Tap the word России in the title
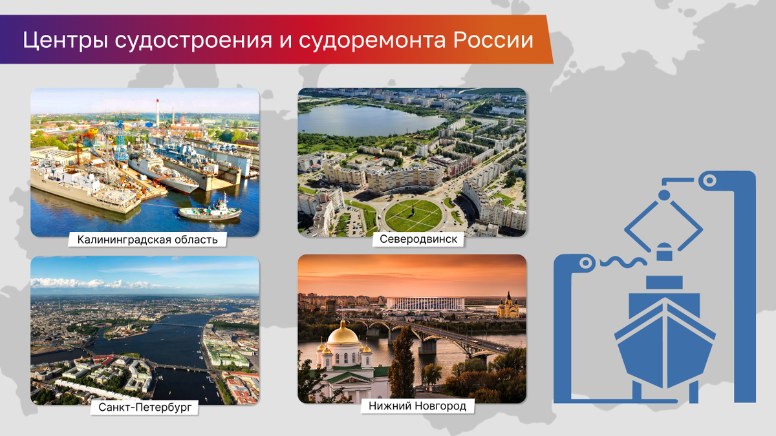(x=493, y=40)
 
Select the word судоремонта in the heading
(x=372, y=41)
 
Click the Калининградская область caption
(x=147, y=240)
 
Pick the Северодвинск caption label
(x=418, y=239)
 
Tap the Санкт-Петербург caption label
(x=144, y=408)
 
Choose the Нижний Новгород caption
(x=418, y=406)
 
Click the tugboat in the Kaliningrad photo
(x=210, y=210)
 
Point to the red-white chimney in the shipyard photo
(x=158, y=113)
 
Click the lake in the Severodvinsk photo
(x=367, y=120)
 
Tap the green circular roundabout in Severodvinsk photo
(x=414, y=215)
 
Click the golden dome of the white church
(x=343, y=335)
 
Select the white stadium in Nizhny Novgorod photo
(x=426, y=304)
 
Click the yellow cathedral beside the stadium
(x=508, y=306)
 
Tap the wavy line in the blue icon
(x=623, y=262)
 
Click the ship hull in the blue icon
(x=665, y=342)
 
